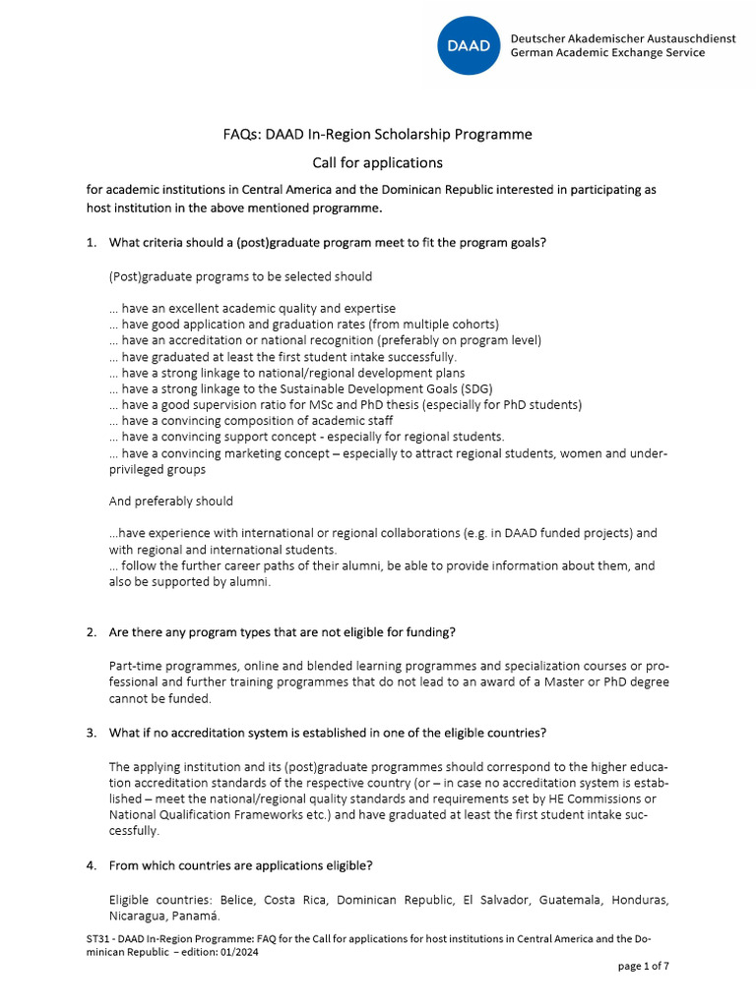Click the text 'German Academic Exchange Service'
tap(607, 53)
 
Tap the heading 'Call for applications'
tap(377, 162)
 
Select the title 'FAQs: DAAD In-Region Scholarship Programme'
tap(377, 134)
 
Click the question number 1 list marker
tap(91, 243)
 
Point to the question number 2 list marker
tap(91, 631)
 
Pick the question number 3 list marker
tap(91, 733)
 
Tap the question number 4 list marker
tap(91, 865)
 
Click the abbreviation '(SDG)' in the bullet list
tap(446, 388)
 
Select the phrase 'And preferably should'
tap(170, 501)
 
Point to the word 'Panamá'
tap(190, 916)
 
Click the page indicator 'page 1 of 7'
tap(643, 967)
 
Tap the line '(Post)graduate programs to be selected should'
tap(240, 276)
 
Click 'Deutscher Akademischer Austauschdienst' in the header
tap(622, 38)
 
